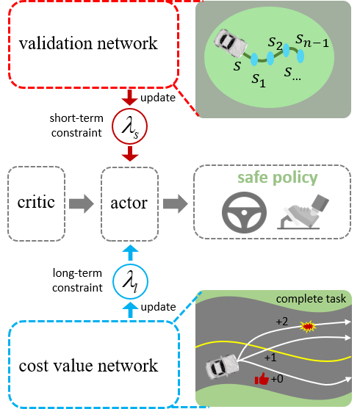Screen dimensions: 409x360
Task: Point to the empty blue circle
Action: [x=130, y=280]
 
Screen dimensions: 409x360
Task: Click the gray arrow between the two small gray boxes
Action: [x=83, y=203]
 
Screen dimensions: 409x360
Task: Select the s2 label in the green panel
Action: [x=276, y=43]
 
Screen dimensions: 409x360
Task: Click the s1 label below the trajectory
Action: [x=257, y=78]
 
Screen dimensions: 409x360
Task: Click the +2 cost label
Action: [x=282, y=322]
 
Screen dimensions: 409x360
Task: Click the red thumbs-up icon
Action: [x=260, y=379]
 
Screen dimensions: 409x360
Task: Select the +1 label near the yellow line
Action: [x=270, y=357]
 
